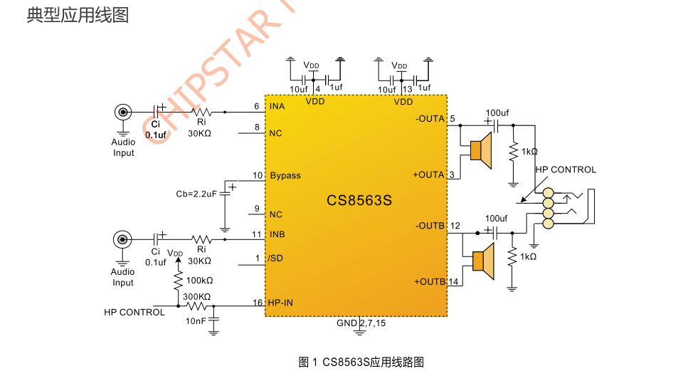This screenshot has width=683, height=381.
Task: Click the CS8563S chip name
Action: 359,200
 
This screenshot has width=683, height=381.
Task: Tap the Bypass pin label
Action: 285,176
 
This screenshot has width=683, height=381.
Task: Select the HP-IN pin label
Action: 280,303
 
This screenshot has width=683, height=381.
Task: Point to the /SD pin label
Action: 276,258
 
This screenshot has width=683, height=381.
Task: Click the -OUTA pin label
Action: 430,118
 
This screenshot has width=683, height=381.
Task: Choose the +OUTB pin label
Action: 430,281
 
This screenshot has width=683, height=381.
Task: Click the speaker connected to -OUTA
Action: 481,150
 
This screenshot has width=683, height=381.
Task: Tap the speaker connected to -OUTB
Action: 484,261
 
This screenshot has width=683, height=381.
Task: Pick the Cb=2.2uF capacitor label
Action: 196,194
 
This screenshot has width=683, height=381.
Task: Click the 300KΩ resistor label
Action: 197,296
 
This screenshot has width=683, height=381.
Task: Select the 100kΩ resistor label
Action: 200,281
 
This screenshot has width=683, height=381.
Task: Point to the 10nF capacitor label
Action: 196,321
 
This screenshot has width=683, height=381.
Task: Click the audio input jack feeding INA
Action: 123,112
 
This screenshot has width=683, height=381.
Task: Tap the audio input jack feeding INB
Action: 122,239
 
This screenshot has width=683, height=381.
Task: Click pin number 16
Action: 258,303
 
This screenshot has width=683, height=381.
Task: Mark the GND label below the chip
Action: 346,323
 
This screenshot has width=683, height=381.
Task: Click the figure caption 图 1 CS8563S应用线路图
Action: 361,362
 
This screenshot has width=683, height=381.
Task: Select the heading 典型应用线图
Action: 78,15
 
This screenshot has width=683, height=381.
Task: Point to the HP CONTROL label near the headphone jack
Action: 566,169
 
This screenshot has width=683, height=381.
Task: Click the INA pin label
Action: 277,106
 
